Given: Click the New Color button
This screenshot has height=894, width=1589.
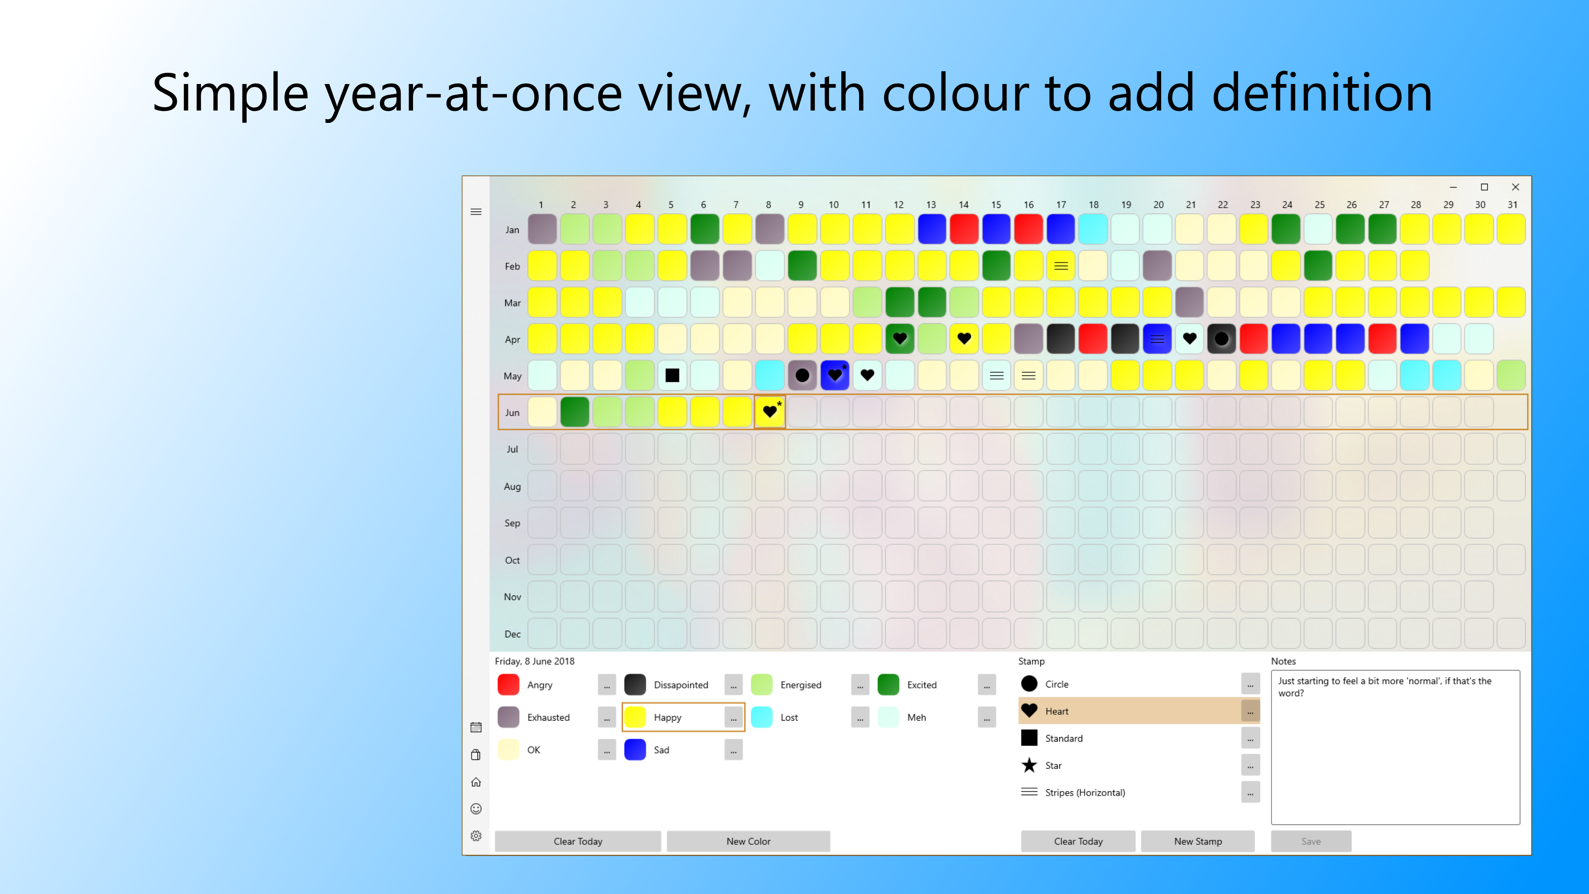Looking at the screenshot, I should coord(748,841).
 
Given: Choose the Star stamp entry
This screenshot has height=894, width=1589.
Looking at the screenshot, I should coord(1053,765).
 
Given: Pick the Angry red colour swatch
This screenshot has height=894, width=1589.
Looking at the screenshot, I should coord(508,684).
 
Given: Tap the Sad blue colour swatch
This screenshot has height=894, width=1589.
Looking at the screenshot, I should coord(635,750).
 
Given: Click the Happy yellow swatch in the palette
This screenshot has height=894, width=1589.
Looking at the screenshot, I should coord(635,717).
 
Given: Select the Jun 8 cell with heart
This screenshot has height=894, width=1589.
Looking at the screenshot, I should coord(769,411).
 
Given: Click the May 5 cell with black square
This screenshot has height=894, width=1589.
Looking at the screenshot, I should coord(672,375).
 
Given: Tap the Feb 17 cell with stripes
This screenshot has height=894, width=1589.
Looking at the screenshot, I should coord(1060,266).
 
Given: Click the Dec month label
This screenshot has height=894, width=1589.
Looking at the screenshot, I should coord(512,634).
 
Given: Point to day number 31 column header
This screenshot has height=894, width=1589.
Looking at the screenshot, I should coord(1512,204).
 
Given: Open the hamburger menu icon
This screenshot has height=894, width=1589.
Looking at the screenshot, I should coord(475,211).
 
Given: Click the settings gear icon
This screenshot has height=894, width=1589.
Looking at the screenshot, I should coord(475,835).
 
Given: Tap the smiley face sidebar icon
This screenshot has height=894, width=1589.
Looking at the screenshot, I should coord(475,808).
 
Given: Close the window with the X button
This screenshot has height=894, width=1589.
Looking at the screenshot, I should coord(1515,187).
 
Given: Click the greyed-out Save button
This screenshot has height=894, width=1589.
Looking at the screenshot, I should coord(1311,841).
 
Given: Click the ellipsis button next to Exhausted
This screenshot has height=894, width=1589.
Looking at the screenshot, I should coord(606,717).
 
